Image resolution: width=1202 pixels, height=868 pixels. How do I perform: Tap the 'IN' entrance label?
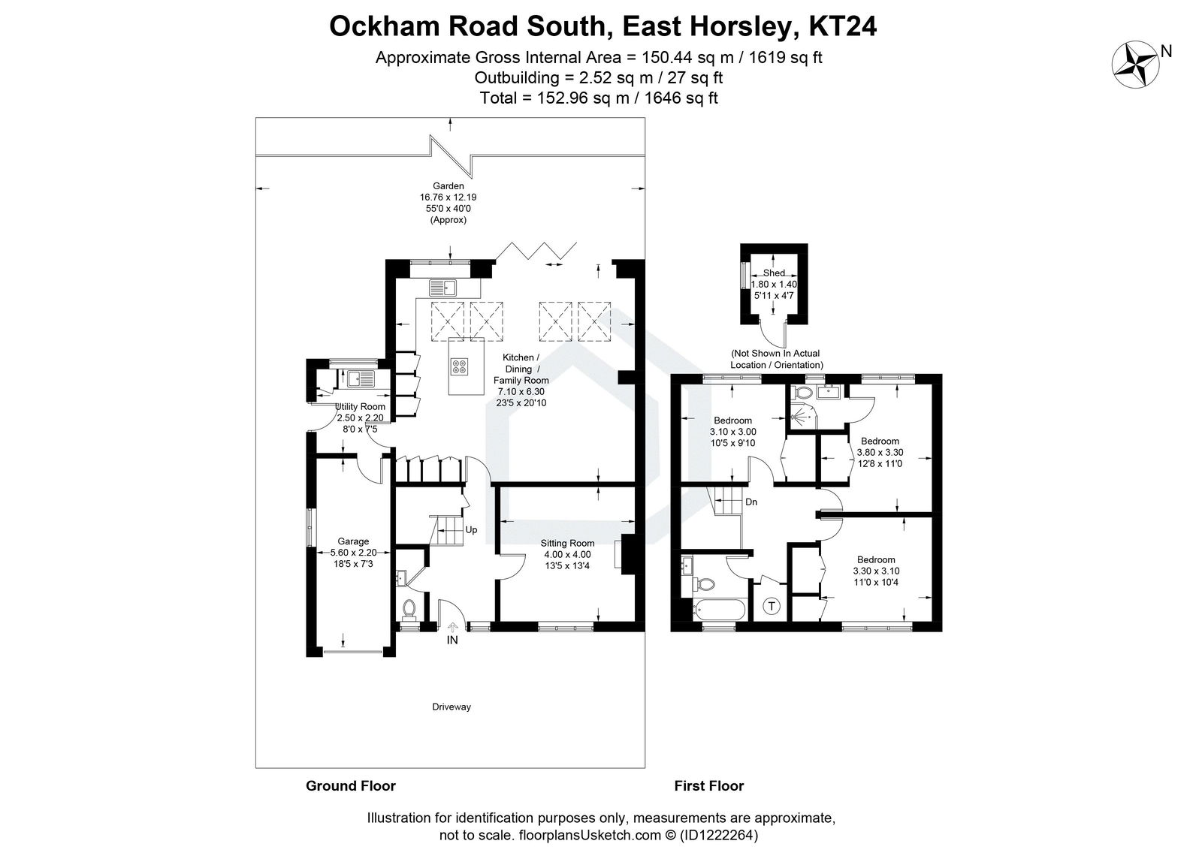pos(452,640)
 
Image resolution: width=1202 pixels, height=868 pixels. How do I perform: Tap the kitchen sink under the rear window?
pos(443,286)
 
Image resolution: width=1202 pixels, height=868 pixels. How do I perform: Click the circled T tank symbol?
pos(772,606)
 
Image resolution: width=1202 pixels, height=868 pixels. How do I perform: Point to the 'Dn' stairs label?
pos(751,502)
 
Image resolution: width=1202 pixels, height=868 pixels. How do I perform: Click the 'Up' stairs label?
pos(471,529)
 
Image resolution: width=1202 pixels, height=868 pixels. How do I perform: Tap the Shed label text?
pos(774,273)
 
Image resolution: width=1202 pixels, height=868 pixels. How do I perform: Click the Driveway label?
pos(451,707)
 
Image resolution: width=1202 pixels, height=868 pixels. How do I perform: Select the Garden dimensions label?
pos(448,203)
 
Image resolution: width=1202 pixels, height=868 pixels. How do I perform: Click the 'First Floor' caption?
pos(708,786)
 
